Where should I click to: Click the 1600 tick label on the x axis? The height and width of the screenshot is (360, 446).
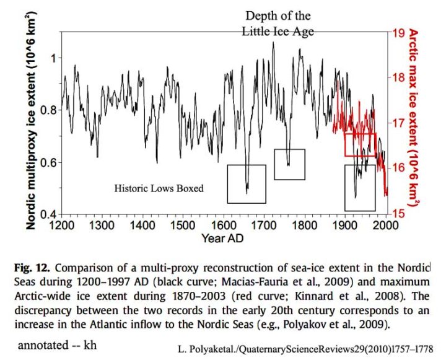(x=225, y=225)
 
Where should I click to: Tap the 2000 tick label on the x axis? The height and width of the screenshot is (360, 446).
(x=387, y=225)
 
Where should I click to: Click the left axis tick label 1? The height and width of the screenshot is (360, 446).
(x=52, y=58)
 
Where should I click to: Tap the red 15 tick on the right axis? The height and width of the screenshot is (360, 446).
(x=398, y=214)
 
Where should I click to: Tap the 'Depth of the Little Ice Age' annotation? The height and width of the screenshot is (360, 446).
(x=278, y=23)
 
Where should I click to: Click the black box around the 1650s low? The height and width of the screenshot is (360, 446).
(x=246, y=184)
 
